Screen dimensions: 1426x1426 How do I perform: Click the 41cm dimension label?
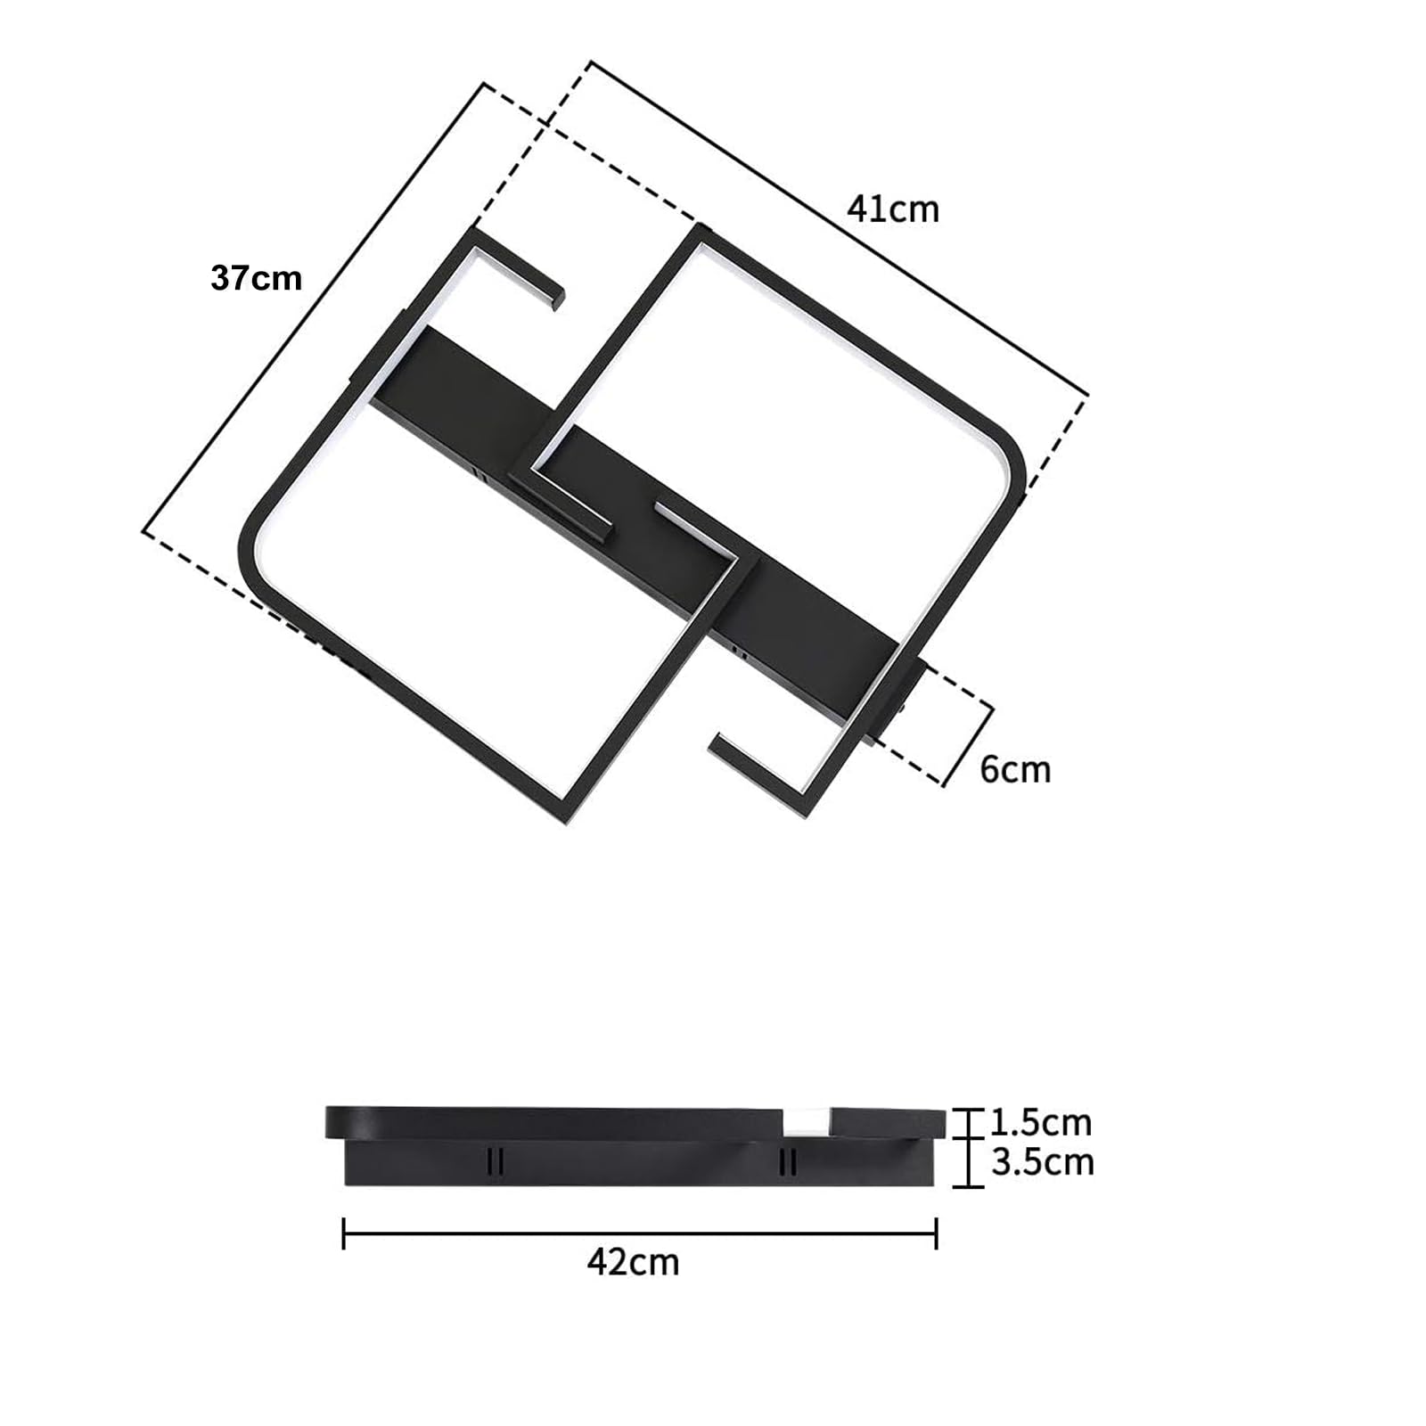(893, 209)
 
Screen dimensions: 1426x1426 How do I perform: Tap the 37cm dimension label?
(257, 278)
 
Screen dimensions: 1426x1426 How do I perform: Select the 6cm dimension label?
(1015, 769)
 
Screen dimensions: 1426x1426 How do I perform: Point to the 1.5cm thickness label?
(1042, 1123)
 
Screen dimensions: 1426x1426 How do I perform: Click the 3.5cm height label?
(1043, 1162)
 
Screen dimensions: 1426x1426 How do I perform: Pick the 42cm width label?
(633, 1262)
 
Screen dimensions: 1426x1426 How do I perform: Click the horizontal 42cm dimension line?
(640, 1233)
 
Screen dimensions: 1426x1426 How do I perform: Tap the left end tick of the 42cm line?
(344, 1233)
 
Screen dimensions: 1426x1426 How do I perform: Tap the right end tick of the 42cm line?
(936, 1233)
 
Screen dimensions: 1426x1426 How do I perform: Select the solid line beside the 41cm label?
(840, 227)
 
